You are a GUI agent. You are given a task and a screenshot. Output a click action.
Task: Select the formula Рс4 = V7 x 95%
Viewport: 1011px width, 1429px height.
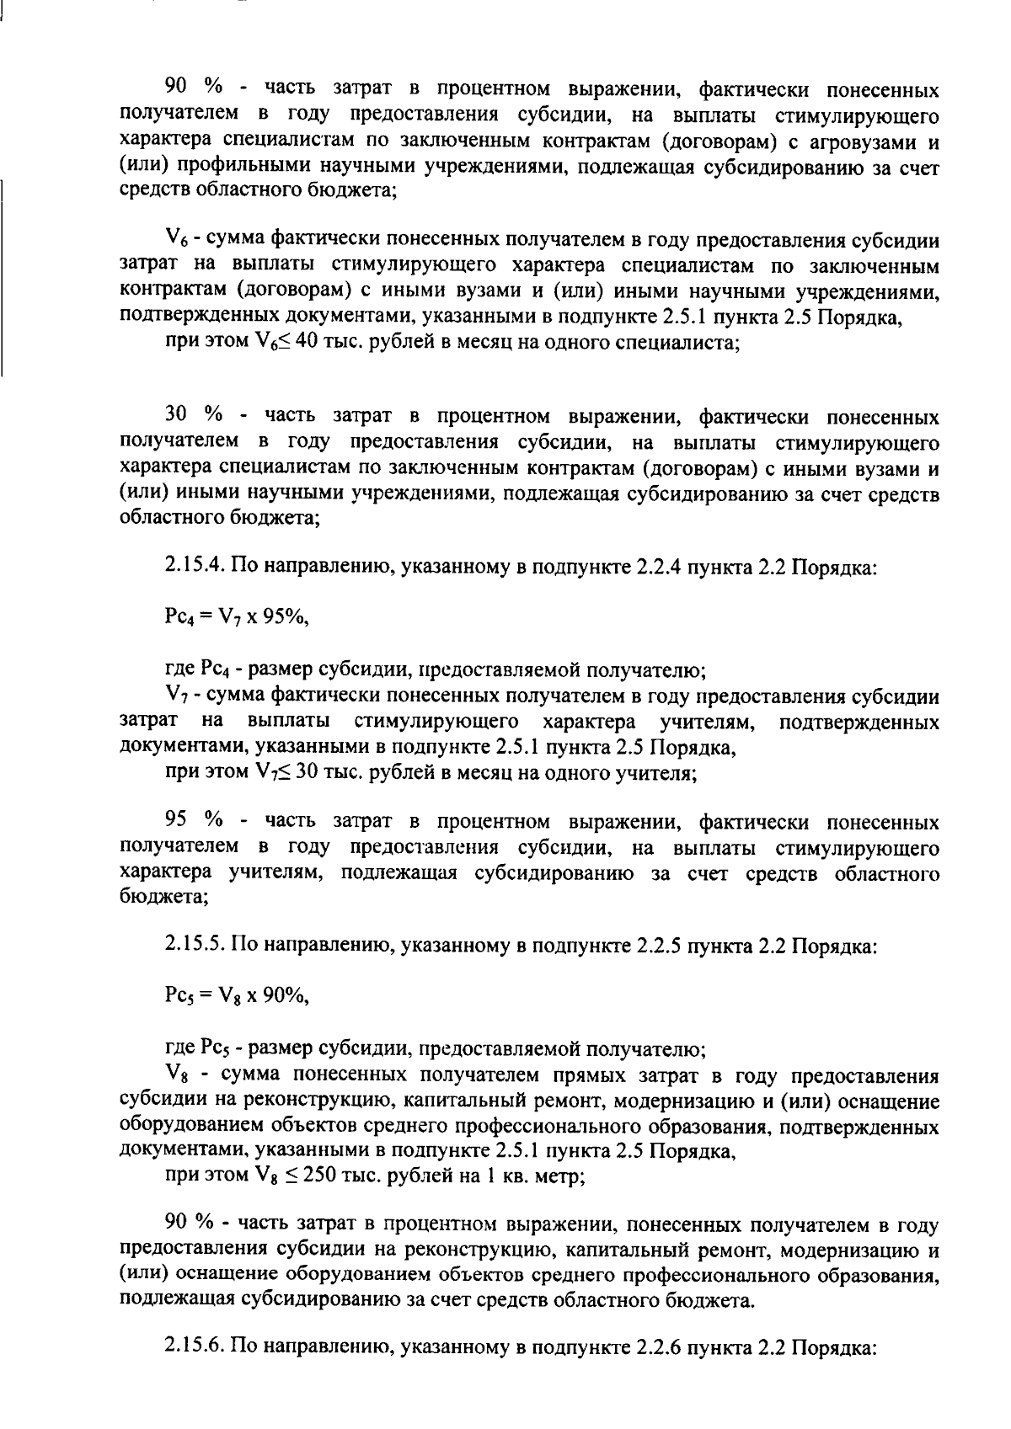tap(237, 621)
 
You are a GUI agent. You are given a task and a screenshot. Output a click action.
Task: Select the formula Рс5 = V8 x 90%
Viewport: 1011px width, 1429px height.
tap(237, 998)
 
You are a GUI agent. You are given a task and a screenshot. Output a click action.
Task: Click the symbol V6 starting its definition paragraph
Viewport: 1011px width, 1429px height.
tap(177, 241)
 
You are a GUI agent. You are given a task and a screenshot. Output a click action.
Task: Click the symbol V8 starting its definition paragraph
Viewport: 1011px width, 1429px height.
tap(177, 1075)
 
